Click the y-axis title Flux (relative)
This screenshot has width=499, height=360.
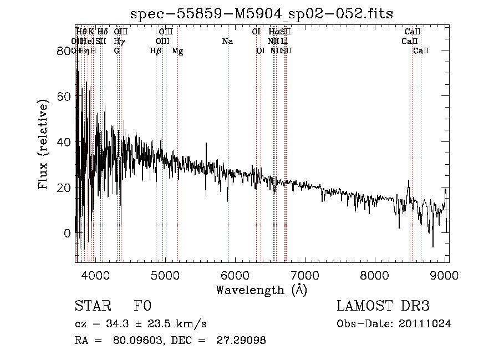44,144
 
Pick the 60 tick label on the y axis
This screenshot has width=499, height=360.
65,97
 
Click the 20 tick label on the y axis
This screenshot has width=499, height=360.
65,187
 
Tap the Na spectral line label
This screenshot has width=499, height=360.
227,42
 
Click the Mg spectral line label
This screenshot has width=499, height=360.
177,51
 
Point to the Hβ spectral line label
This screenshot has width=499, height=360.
156,51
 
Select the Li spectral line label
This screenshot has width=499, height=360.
284,42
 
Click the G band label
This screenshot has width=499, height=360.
116,51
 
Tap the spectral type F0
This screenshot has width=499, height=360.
142,306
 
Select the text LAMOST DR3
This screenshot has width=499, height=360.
383,306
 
